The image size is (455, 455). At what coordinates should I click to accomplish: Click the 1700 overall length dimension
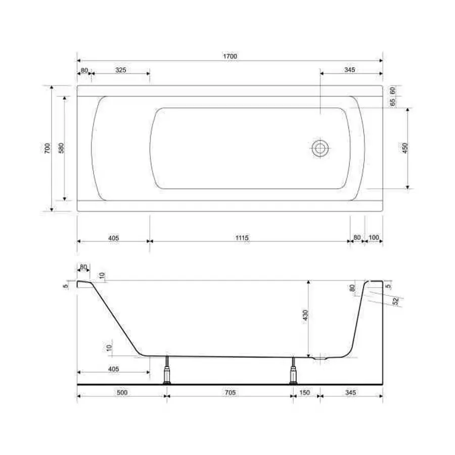[x=230, y=56]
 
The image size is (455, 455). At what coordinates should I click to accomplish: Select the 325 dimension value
[x=121, y=70]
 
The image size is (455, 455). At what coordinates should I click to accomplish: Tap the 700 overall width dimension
[x=48, y=148]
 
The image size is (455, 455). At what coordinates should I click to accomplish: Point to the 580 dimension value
[x=61, y=148]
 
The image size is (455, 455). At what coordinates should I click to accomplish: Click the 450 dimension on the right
[x=405, y=148]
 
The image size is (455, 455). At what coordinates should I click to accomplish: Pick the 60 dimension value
[x=392, y=90]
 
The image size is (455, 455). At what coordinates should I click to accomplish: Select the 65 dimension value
[x=392, y=102]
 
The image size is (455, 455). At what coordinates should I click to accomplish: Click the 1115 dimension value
[x=242, y=238]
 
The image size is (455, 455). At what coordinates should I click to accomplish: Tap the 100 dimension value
[x=374, y=238]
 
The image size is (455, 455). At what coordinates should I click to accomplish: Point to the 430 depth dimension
[x=305, y=315]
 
